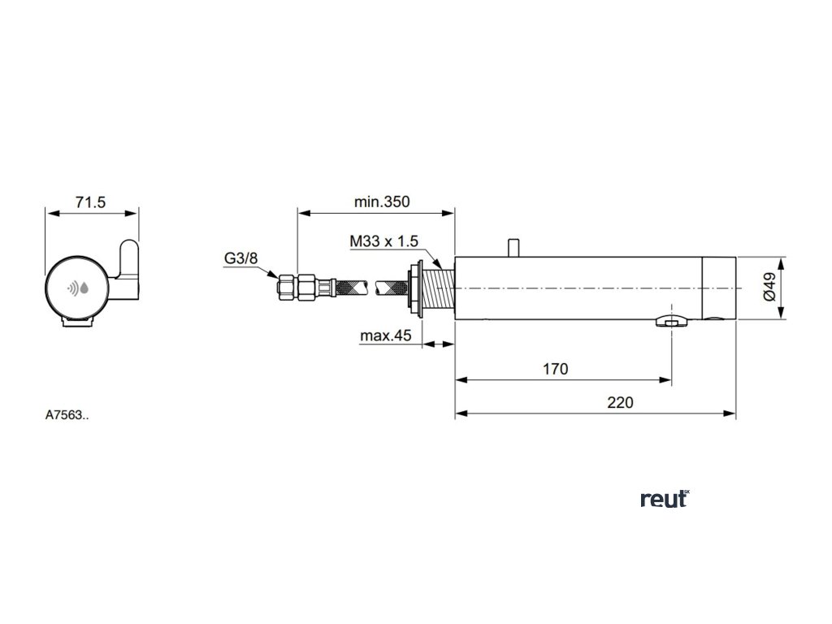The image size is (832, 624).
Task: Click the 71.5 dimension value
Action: click(x=91, y=203)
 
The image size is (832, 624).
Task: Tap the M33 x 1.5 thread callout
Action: click(x=383, y=242)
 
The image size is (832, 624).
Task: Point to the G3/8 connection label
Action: click(x=240, y=259)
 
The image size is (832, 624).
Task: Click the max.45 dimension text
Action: click(x=387, y=336)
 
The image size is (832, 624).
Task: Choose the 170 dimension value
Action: click(x=555, y=369)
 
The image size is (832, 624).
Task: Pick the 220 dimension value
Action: click(x=619, y=401)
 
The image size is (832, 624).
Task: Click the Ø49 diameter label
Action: click(x=769, y=288)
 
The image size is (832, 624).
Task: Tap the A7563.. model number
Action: click(x=67, y=414)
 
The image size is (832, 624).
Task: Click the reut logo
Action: click(x=665, y=500)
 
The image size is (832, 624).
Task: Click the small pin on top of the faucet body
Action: click(x=512, y=246)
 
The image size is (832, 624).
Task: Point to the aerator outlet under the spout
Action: click(x=671, y=323)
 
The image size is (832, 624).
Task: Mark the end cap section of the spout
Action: click(x=719, y=288)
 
